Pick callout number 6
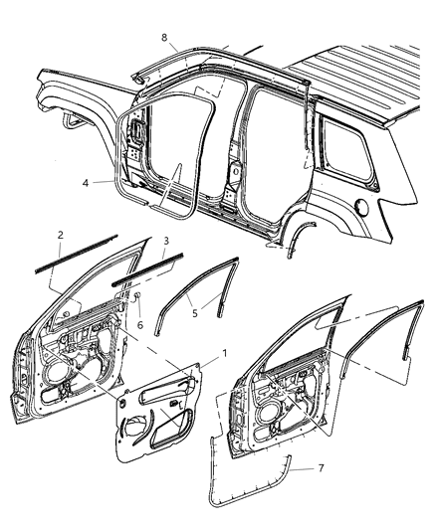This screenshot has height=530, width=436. [x=140, y=325]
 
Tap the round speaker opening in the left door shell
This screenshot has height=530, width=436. [x=50, y=383]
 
